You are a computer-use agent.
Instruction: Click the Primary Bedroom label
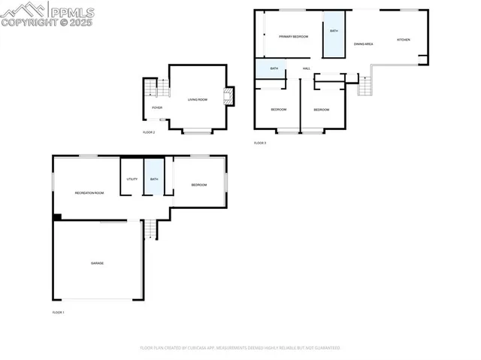[294, 36]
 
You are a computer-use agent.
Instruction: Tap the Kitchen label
[403, 39]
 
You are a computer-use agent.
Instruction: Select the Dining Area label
[364, 44]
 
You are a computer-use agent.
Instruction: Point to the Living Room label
[198, 99]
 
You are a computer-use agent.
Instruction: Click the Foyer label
[157, 107]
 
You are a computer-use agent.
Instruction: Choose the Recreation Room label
[89, 193]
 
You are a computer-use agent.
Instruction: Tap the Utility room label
[132, 179]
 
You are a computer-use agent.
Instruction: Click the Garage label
[97, 263]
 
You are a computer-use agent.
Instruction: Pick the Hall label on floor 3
[307, 68]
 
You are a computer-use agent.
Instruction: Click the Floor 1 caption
[58, 312]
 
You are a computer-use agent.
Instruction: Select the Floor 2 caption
[148, 132]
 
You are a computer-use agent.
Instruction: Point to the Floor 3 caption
[259, 143]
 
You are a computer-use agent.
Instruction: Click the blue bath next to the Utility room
[153, 178]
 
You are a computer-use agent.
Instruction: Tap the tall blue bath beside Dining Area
[334, 33]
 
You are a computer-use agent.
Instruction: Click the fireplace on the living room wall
[229, 96]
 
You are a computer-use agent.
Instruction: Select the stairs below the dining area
[365, 85]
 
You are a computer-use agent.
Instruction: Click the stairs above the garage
[150, 228]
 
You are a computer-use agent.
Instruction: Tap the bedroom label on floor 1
[198, 185]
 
